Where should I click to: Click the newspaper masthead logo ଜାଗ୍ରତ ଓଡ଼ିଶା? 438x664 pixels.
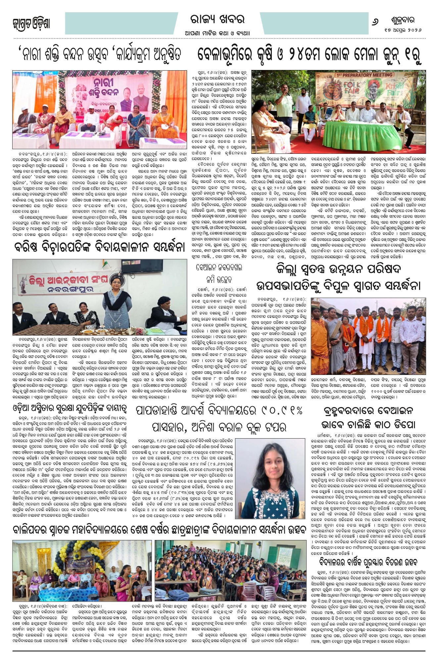click(x=31, y=24)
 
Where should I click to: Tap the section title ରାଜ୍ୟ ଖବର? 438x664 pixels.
click(x=218, y=20)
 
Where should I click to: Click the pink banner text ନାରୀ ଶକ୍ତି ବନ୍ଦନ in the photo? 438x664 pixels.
click(x=108, y=87)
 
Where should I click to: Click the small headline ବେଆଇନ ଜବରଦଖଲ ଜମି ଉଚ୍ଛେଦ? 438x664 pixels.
click(x=219, y=273)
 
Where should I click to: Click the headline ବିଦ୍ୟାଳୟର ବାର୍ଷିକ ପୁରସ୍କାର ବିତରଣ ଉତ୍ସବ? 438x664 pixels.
click(x=368, y=562)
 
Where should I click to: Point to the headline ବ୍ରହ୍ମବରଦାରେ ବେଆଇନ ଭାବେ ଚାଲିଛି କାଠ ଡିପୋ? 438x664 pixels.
click(x=368, y=418)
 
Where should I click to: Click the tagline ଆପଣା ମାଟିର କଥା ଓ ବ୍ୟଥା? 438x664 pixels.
click(x=218, y=33)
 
